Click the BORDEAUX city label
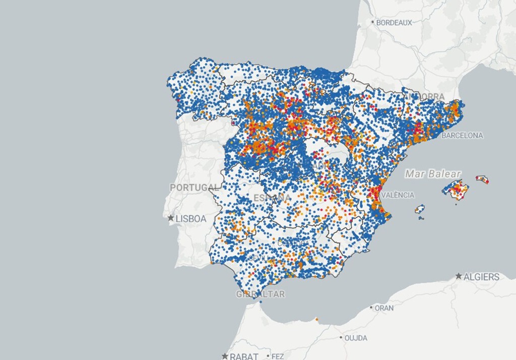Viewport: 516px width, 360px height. click(x=394, y=23)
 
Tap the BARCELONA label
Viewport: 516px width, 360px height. click(x=462, y=136)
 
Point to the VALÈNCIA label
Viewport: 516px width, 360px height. click(x=398, y=195)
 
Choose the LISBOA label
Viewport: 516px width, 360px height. click(x=191, y=219)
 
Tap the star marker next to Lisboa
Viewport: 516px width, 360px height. click(x=171, y=218)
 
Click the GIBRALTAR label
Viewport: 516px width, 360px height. click(x=261, y=294)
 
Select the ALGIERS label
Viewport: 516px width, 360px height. click(x=482, y=277)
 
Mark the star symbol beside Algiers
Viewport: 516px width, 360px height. click(x=459, y=276)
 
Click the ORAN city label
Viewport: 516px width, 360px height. click(x=384, y=308)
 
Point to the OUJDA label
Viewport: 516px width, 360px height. click(x=356, y=338)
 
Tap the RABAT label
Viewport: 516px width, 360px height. click(x=244, y=356)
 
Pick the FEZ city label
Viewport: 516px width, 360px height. click(x=278, y=356)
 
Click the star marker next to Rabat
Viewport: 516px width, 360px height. click(x=225, y=356)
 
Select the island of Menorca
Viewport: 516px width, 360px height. click(x=482, y=179)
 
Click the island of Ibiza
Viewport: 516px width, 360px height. click(x=419, y=209)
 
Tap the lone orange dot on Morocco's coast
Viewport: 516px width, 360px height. click(x=317, y=319)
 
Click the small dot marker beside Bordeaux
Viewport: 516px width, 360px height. click(x=373, y=22)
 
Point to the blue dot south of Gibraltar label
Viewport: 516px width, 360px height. click(x=261, y=302)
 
